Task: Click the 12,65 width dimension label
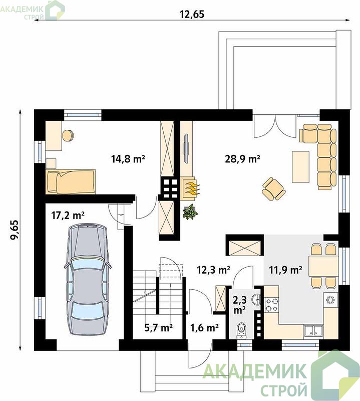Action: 192,14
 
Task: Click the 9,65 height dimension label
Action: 15,230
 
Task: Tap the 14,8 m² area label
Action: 128,159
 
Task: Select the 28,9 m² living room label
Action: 242,159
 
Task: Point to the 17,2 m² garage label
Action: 68,216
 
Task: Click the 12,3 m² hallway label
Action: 214,269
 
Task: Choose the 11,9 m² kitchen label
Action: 286,269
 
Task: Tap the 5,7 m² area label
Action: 158,328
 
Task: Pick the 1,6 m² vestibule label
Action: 204,328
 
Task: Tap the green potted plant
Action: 190,212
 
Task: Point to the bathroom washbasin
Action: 256,299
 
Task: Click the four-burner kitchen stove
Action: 271,305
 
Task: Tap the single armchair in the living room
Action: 273,189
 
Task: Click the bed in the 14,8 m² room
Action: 71,181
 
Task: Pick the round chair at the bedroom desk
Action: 68,135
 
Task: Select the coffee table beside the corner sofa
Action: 300,167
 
